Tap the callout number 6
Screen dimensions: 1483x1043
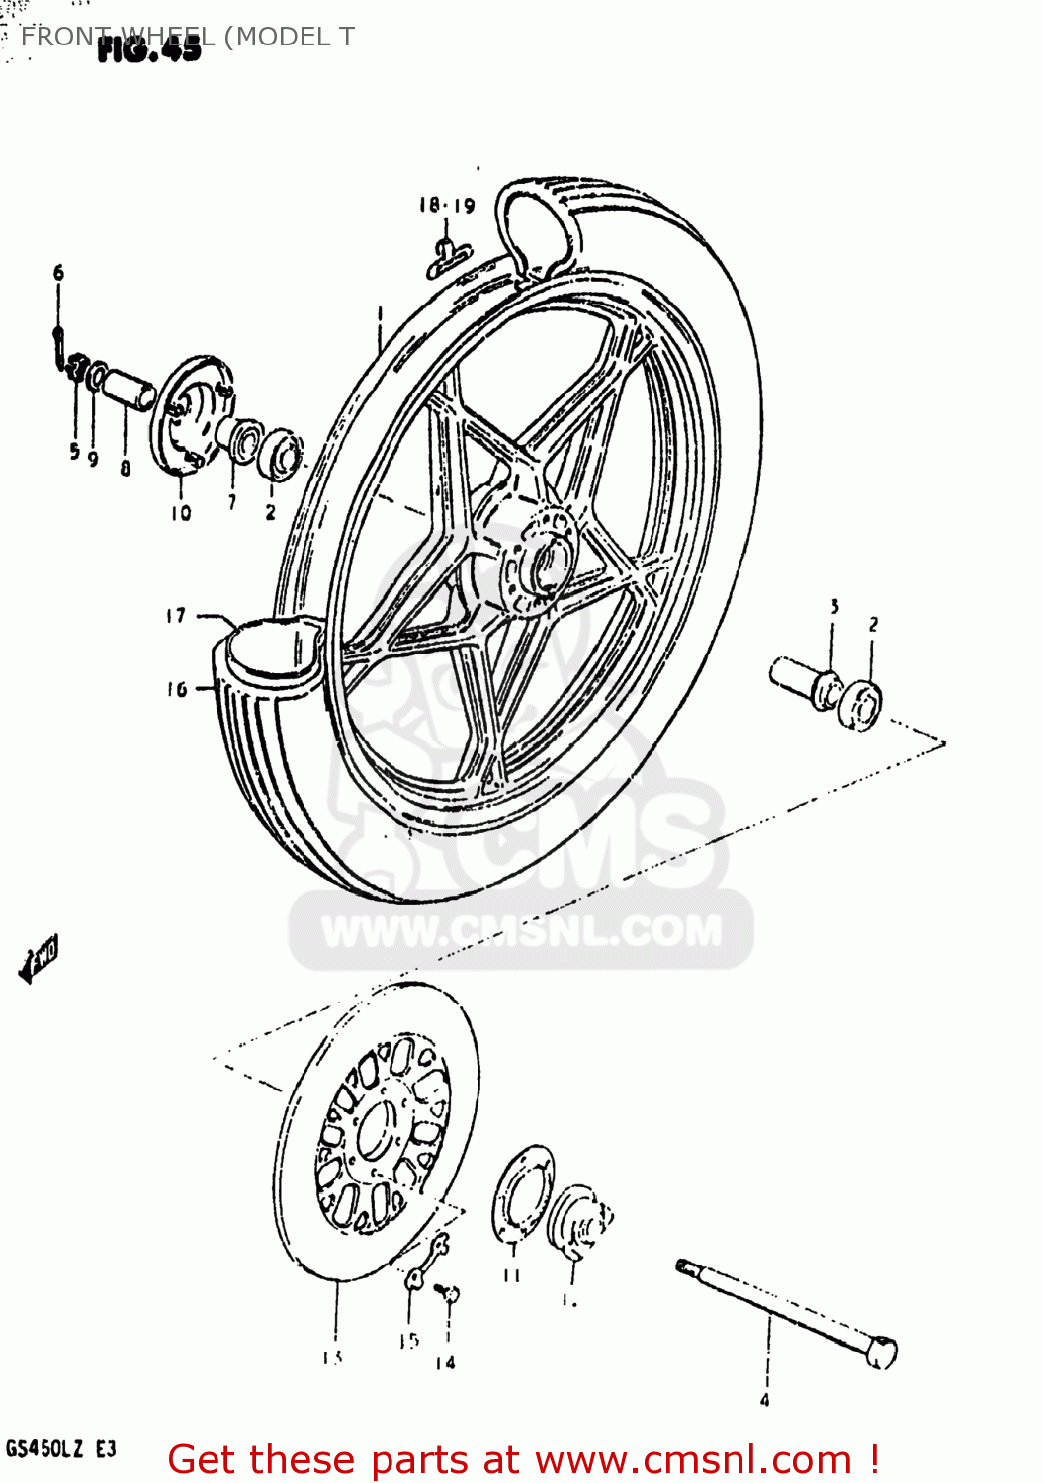tap(58, 272)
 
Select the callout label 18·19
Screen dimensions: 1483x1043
tap(446, 205)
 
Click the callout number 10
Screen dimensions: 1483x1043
tap(181, 512)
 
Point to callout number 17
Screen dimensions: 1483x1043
tap(176, 616)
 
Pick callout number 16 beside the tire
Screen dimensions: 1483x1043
tap(177, 689)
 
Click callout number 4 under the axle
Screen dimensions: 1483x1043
tap(764, 1400)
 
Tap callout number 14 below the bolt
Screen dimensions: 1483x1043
tap(445, 1363)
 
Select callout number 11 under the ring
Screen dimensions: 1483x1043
tap(511, 1275)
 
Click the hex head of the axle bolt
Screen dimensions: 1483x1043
tap(882, 1352)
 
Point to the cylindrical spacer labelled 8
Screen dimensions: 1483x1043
tap(130, 389)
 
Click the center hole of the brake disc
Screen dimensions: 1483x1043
tap(376, 1131)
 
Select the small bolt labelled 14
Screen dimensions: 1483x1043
tap(449, 1293)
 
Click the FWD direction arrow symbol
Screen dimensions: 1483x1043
tap(40, 957)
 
